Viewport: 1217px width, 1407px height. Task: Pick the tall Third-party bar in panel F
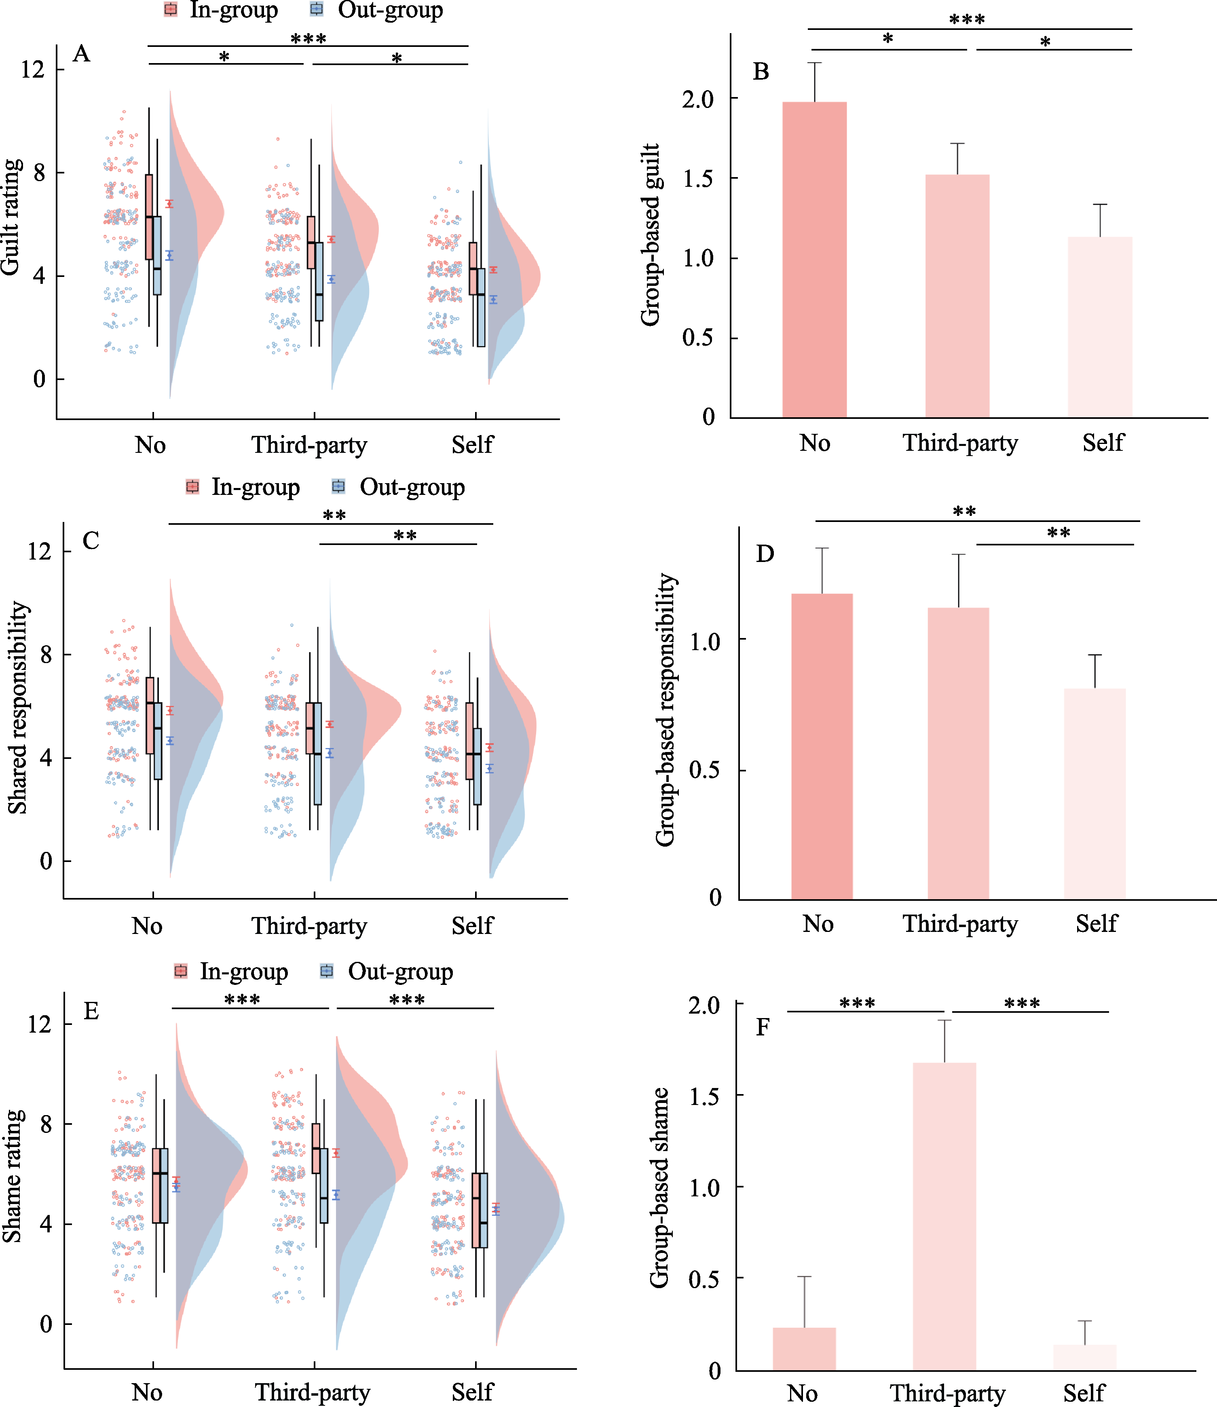coord(944,1215)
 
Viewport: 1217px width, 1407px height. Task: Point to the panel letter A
coord(82,54)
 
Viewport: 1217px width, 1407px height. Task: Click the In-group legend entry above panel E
coord(231,971)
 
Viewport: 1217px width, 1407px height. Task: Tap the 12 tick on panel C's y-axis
coord(39,551)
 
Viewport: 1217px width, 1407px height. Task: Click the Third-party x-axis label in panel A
coord(309,446)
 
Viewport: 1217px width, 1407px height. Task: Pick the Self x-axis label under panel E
coord(472,1392)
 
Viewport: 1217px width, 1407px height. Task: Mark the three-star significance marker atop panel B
coord(966,20)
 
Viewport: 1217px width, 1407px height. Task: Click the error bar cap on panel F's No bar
coord(804,1277)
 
